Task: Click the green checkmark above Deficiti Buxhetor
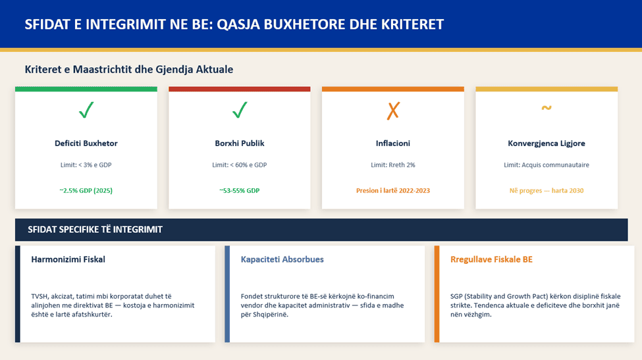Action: click(86, 110)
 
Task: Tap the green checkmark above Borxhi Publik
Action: click(240, 110)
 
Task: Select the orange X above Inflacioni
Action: click(393, 111)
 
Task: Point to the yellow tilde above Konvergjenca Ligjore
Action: click(547, 108)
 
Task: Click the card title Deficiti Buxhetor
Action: click(86, 143)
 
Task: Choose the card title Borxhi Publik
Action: click(240, 143)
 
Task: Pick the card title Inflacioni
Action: click(393, 143)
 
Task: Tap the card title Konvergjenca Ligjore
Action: click(547, 143)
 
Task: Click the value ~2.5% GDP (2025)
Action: click(86, 190)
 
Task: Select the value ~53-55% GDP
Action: click(240, 190)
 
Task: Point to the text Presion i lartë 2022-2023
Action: click(393, 190)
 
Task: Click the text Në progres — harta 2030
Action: click(547, 190)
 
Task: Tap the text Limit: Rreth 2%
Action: click(393, 165)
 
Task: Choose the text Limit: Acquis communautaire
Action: click(547, 165)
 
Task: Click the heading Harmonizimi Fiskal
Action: click(68, 259)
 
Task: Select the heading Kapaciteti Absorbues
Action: click(282, 259)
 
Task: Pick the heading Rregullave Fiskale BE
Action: click(491, 259)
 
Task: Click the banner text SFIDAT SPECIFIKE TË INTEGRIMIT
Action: click(95, 230)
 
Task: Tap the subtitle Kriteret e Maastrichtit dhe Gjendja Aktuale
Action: click(129, 69)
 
